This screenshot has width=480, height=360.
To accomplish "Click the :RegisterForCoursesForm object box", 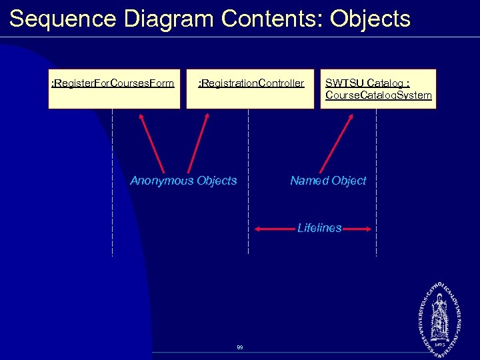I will pyautogui.click(x=114, y=89).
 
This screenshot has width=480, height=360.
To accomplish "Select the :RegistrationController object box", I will pyautogui.click(x=251, y=89).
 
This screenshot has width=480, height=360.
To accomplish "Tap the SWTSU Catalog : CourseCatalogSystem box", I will pyautogui.click(x=378, y=89).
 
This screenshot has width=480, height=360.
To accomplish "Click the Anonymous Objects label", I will pyautogui.click(x=183, y=181).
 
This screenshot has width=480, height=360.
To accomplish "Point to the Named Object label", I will pyautogui.click(x=328, y=181).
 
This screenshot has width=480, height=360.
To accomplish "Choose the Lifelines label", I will pyautogui.click(x=319, y=228).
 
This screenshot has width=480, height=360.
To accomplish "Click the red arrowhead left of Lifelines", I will pyautogui.click(x=261, y=229).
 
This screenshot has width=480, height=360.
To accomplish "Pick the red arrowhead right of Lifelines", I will pyautogui.click(x=366, y=229).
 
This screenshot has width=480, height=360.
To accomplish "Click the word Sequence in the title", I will pyautogui.click(x=64, y=19).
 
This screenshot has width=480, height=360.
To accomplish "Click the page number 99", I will pyautogui.click(x=239, y=347).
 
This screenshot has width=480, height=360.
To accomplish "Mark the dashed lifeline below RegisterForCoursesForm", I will pyautogui.click(x=112, y=200).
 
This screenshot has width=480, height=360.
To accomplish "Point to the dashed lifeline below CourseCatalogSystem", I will pyautogui.click(x=377, y=200).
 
